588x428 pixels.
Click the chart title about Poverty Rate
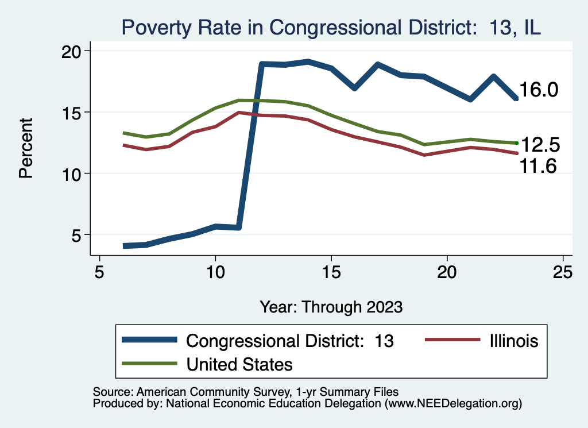click(330, 28)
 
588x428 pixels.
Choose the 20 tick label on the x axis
click(447, 271)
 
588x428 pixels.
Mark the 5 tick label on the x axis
click(100, 271)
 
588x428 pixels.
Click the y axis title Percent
click(26, 148)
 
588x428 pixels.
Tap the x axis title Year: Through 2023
click(331, 306)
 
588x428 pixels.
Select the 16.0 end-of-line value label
click(539, 90)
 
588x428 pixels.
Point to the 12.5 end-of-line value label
click(539, 145)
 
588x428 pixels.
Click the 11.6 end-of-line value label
click(539, 167)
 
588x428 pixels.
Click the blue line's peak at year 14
click(308, 61)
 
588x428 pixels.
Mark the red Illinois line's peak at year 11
click(239, 113)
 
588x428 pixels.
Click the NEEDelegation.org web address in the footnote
click(454, 403)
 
